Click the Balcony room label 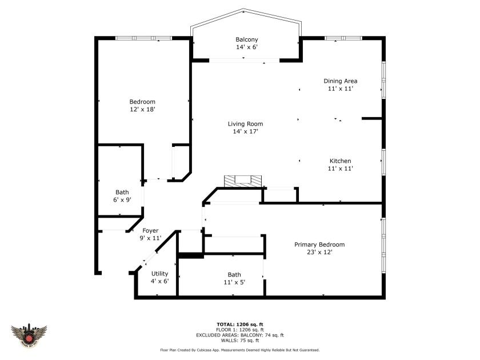click(x=246, y=39)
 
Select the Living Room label click(x=245, y=124)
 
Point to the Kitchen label click(x=340, y=161)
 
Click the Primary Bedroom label click(x=319, y=245)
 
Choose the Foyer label click(x=150, y=231)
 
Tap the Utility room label click(x=159, y=274)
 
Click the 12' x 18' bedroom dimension click(x=142, y=109)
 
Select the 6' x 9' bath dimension click(x=122, y=200)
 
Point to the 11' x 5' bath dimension click(x=234, y=282)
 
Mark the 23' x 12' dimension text click(x=319, y=252)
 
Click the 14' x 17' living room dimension click(x=245, y=131)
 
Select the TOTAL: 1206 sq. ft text click(x=239, y=325)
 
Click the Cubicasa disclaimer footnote click(x=239, y=350)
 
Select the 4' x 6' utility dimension click(x=159, y=281)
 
